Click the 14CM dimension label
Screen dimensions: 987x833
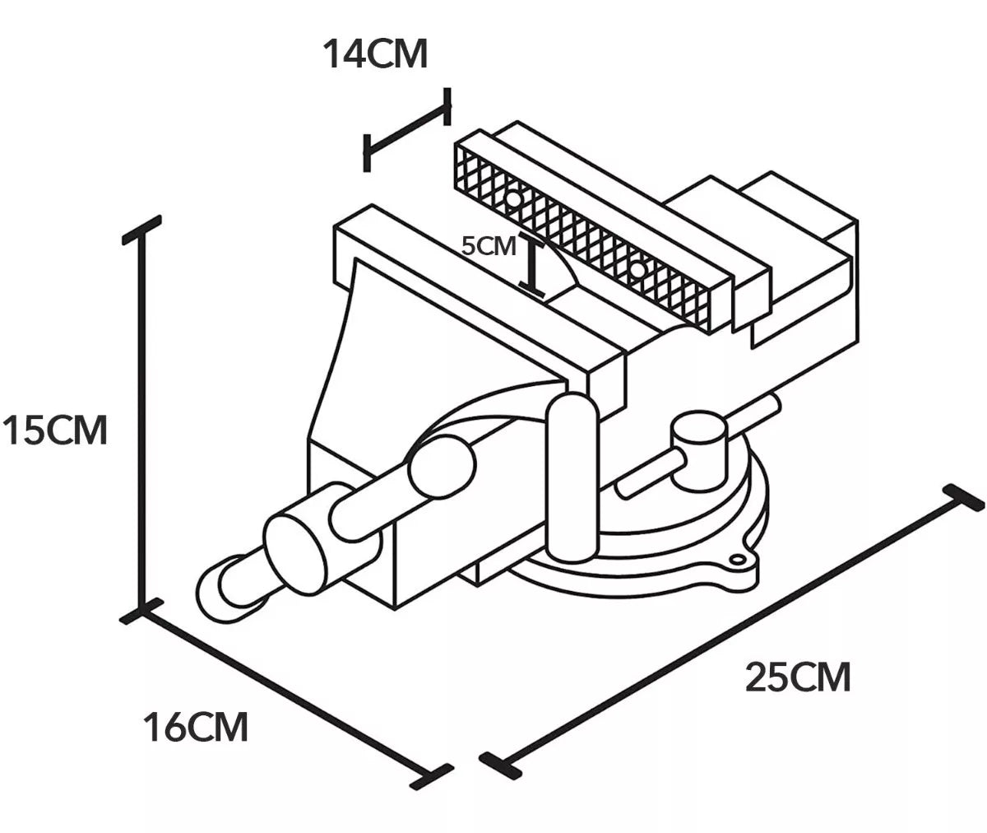point(375,54)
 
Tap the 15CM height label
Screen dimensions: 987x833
point(55,430)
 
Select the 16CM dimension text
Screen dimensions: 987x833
point(195,727)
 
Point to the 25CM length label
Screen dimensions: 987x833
point(798,677)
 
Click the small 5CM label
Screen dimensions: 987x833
point(489,246)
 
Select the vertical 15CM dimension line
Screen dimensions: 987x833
point(141,420)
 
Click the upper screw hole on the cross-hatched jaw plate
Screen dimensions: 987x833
point(512,200)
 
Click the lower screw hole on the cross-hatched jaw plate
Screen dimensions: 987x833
point(637,271)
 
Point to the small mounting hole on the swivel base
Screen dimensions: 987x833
point(738,561)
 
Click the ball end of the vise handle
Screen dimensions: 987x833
point(442,466)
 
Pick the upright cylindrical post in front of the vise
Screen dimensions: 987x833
point(572,477)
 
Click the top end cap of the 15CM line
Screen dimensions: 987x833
point(141,230)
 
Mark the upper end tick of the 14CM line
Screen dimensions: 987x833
point(447,106)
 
